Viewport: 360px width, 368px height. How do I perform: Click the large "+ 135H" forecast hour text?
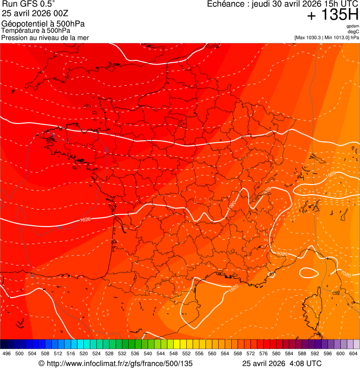[x=333, y=15]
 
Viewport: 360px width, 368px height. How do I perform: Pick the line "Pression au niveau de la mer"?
[x=45, y=37]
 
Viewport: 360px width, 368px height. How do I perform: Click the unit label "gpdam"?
[x=353, y=27]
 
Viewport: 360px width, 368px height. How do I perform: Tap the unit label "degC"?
[x=353, y=32]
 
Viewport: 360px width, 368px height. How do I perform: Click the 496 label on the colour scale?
[x=7, y=353]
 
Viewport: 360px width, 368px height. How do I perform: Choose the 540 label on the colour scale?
[x=148, y=353]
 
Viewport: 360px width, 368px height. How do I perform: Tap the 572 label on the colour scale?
[x=250, y=353]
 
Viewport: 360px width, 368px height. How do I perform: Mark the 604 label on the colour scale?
[x=353, y=353]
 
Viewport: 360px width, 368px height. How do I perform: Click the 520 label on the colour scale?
[x=83, y=353]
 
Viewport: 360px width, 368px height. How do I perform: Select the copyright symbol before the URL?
[x=41, y=363]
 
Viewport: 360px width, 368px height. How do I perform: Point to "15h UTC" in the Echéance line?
[x=338, y=4]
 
